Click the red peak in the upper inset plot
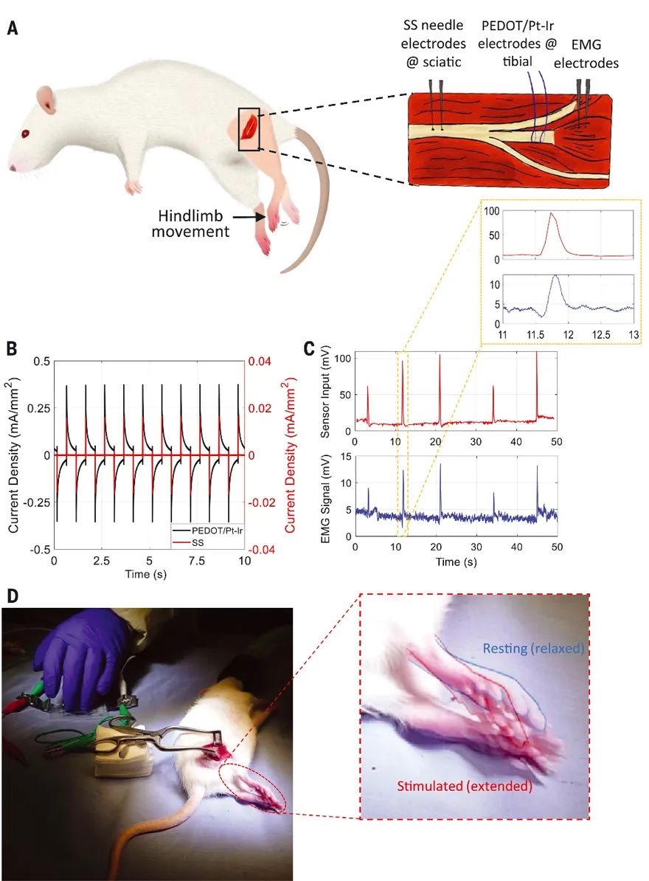pyautogui.click(x=550, y=214)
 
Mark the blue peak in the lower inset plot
pyautogui.click(x=555, y=276)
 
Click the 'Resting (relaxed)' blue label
pyautogui.click(x=533, y=649)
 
